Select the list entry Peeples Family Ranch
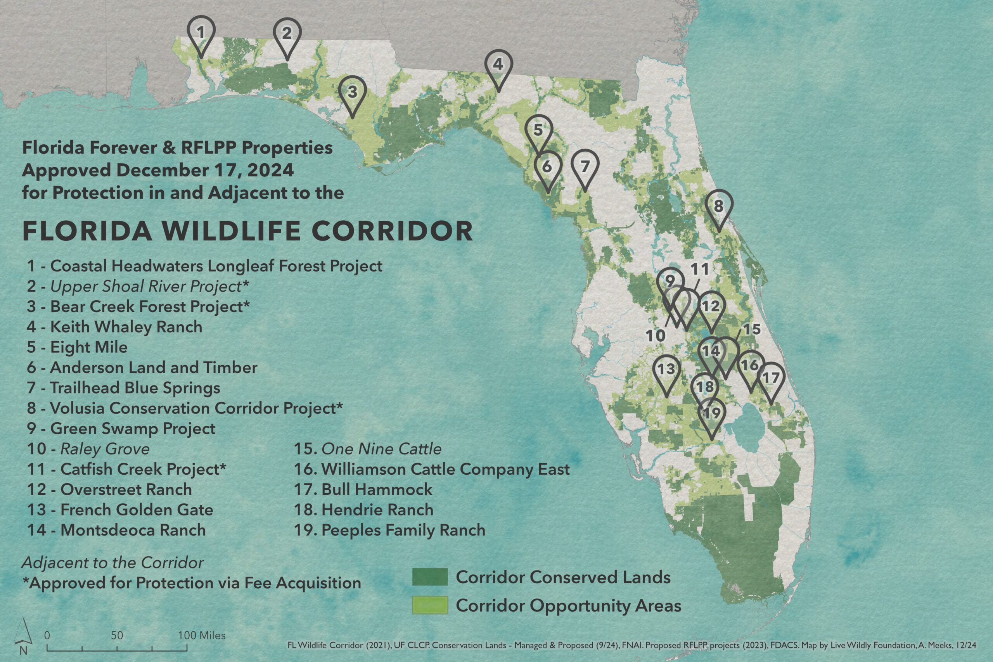tap(390, 530)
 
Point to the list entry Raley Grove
tap(88, 449)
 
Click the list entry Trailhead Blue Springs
tap(124, 388)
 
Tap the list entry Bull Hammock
tap(363, 489)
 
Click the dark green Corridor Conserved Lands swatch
tap(430, 577)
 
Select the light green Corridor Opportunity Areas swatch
tap(430, 605)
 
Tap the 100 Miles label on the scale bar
tap(202, 635)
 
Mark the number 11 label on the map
tap(699, 268)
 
